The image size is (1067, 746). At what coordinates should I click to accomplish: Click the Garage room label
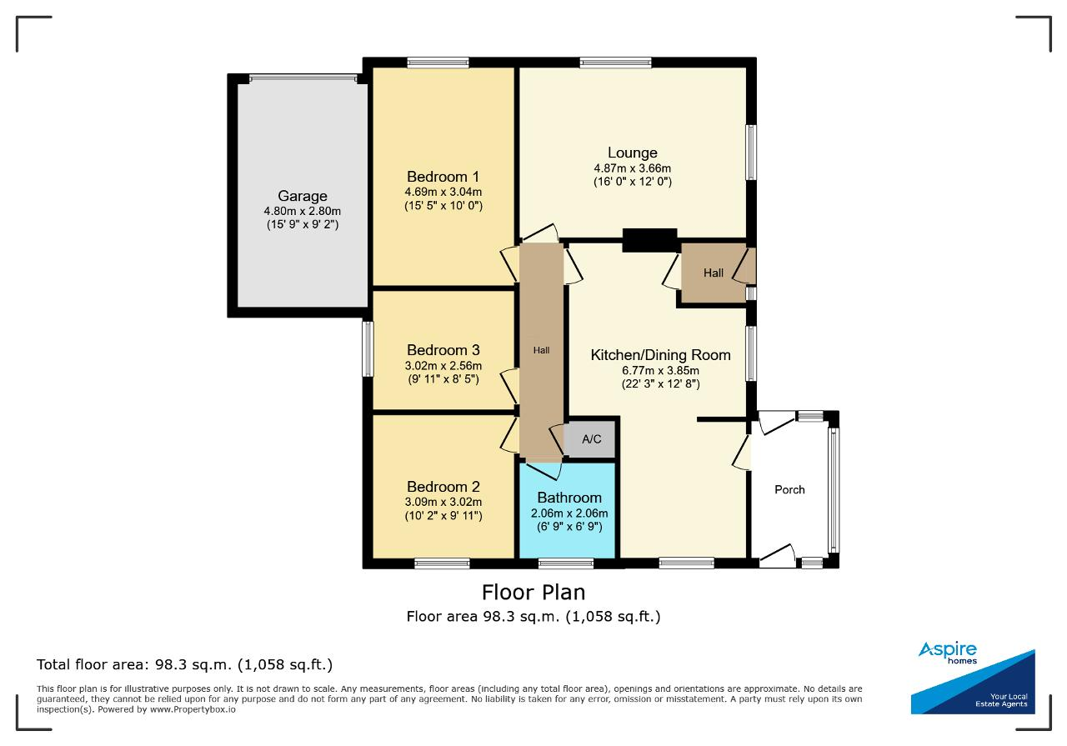point(302,196)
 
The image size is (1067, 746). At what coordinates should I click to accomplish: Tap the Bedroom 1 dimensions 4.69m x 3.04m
point(443,192)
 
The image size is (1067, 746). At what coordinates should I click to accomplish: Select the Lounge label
point(632,153)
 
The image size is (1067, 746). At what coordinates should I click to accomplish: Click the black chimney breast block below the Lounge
point(649,240)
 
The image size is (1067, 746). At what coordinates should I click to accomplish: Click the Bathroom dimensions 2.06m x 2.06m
point(569,513)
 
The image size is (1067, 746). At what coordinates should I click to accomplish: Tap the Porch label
point(789,490)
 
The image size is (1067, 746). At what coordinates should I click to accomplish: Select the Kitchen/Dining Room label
point(660,355)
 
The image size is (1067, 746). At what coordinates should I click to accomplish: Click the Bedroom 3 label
point(443,350)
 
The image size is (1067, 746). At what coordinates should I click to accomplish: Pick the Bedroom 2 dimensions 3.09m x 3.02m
point(443,502)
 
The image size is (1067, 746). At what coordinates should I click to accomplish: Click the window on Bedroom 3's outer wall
point(368,349)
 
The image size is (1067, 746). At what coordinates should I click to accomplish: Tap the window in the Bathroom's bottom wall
point(566,563)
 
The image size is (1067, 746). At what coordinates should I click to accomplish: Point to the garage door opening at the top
point(303,78)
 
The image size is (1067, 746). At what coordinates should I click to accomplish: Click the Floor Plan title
point(533,593)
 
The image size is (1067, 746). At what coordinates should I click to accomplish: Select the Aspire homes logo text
point(948,652)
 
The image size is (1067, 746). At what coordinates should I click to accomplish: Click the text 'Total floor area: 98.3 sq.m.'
point(135,664)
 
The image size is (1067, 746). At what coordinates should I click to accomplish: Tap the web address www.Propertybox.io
point(193,709)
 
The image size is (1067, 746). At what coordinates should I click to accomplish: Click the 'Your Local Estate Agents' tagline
point(1001,700)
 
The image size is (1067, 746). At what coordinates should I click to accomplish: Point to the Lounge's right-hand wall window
point(751,153)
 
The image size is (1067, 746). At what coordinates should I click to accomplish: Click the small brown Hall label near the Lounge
point(713,273)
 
